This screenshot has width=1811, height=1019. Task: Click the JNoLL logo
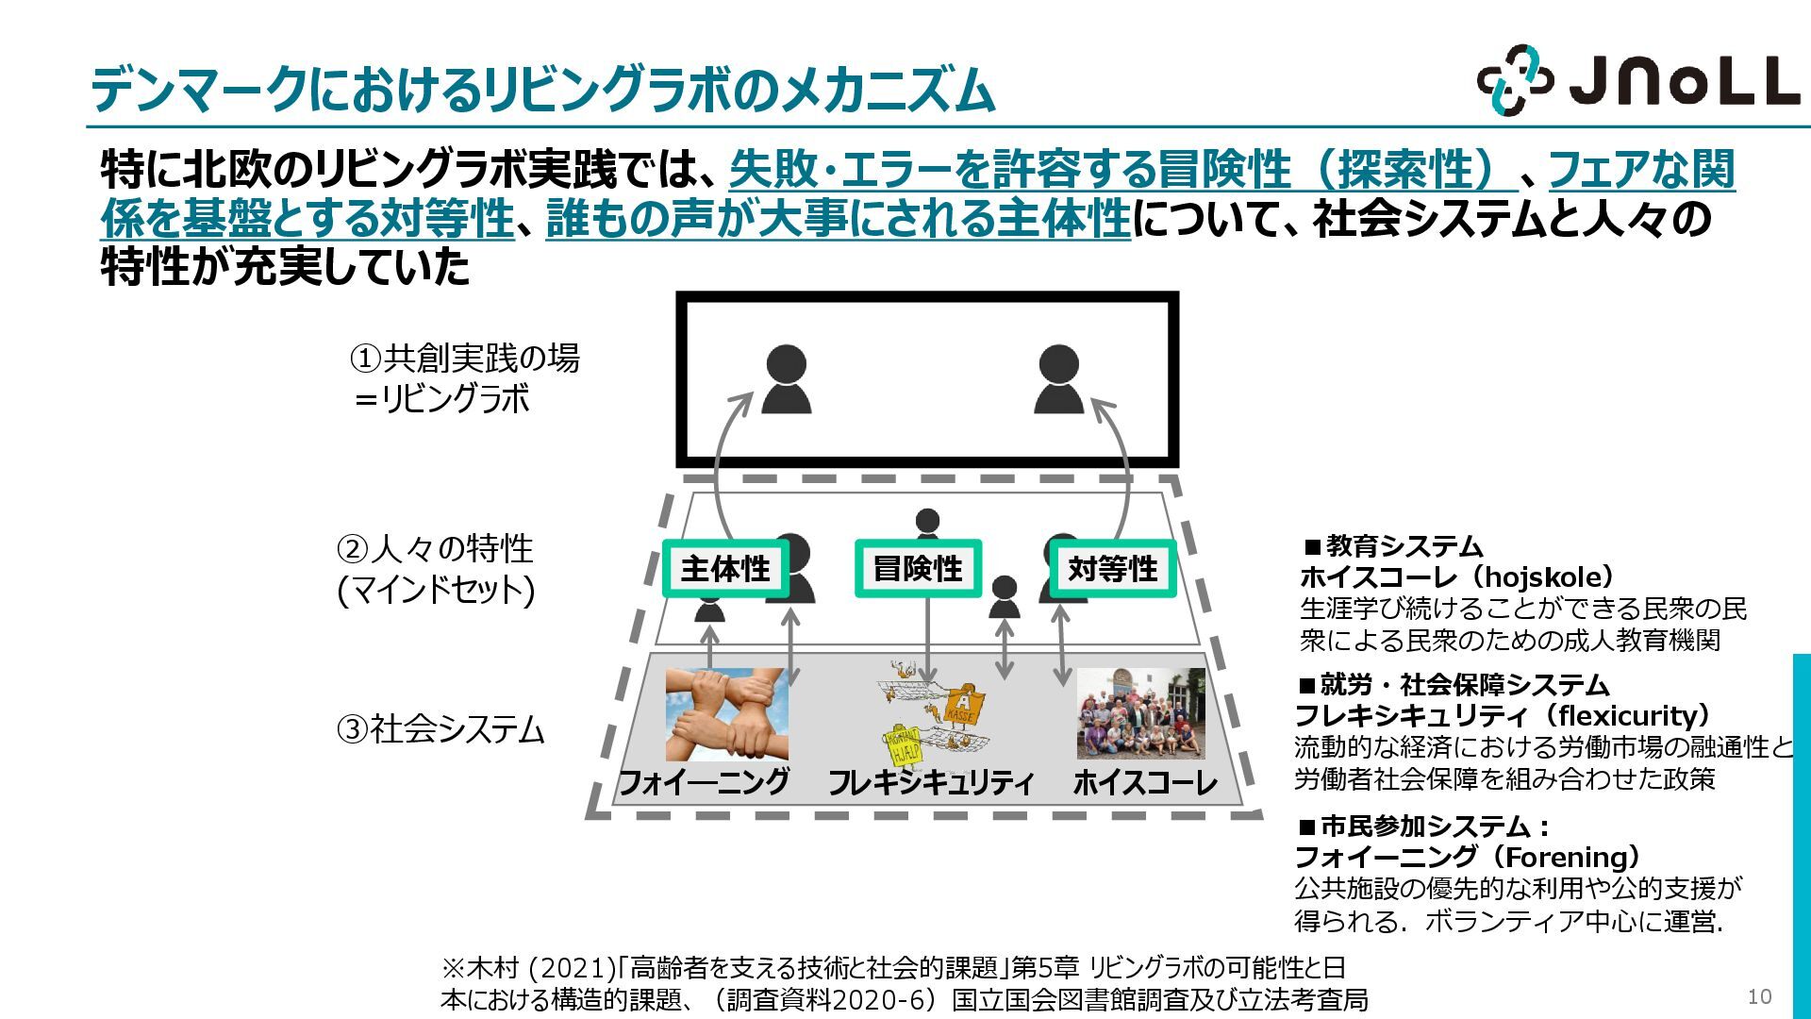(x=1637, y=81)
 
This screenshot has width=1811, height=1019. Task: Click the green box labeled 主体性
(x=725, y=569)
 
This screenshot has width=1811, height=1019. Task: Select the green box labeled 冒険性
(x=918, y=569)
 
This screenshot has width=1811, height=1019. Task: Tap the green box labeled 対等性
(x=1112, y=569)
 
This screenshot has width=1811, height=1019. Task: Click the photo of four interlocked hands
(x=726, y=714)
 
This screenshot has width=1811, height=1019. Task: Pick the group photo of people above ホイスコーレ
(x=1140, y=714)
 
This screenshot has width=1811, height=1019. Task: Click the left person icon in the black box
(x=786, y=379)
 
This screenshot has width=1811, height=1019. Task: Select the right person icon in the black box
(x=1058, y=379)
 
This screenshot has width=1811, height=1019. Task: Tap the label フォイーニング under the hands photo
(x=704, y=782)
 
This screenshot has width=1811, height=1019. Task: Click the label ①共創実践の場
(x=465, y=359)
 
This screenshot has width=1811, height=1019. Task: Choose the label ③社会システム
(x=440, y=729)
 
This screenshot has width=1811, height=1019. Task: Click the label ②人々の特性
(x=435, y=548)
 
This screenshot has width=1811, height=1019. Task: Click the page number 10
(x=1759, y=996)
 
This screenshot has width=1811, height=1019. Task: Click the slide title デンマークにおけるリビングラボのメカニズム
(x=542, y=91)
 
